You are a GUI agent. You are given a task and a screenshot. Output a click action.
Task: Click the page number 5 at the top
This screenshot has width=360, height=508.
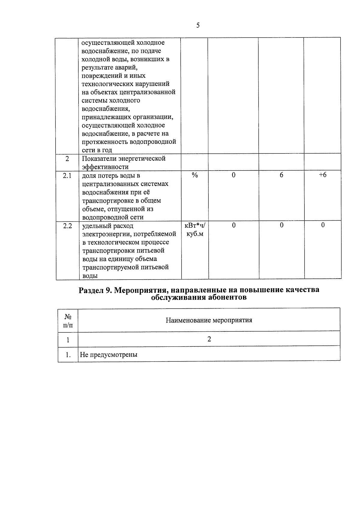click(x=198, y=26)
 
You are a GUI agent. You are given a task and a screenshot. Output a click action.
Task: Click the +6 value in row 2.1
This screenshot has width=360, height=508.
click(x=322, y=175)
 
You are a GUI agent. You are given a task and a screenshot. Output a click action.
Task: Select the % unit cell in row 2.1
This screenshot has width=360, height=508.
click(x=195, y=175)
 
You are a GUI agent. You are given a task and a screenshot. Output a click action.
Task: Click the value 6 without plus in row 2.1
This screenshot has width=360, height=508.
click(x=281, y=175)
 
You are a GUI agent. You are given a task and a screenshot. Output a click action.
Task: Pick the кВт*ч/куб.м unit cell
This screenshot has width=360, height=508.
click(x=195, y=229)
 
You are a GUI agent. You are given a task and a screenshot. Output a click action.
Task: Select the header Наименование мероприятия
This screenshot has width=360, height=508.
click(x=209, y=320)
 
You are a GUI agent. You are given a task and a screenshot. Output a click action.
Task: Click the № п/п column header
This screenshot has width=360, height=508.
click(x=68, y=320)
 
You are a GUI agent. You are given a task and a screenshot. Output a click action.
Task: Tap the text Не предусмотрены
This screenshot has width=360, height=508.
click(x=109, y=355)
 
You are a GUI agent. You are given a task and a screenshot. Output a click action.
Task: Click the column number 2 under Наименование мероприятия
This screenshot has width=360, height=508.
click(x=209, y=339)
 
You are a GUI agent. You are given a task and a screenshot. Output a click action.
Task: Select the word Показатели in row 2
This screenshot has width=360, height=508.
click(x=98, y=159)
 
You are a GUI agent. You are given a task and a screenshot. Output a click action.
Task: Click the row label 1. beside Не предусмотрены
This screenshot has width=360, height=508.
click(x=68, y=355)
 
